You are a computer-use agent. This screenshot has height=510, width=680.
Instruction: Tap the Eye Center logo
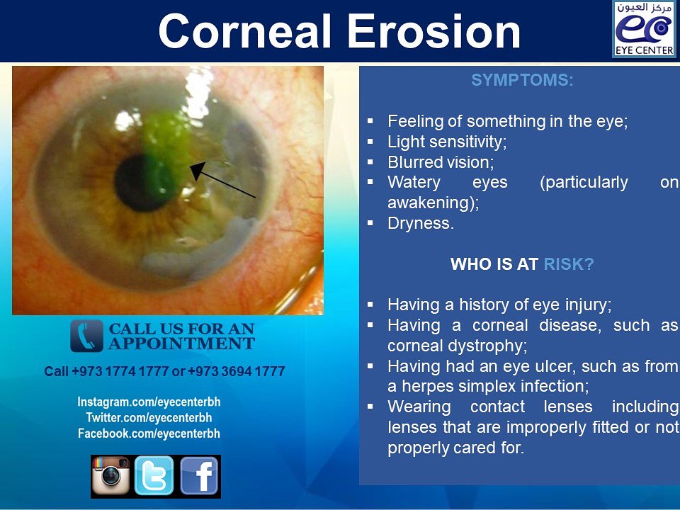point(643,29)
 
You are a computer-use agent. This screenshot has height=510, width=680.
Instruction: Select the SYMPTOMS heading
point(522,81)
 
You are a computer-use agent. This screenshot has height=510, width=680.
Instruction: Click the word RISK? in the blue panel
point(569,265)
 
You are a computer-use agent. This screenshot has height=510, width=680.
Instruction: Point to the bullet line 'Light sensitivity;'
point(447,142)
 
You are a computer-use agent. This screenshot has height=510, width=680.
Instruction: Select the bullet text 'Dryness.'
point(421,223)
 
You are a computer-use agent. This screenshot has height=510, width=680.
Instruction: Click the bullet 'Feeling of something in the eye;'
point(507,121)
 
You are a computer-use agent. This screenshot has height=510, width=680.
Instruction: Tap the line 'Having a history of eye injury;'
point(499,305)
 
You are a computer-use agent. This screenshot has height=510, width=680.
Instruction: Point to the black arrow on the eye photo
point(223,180)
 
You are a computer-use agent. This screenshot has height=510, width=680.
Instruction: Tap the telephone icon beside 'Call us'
point(86,336)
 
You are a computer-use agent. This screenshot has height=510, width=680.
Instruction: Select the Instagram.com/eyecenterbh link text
point(149,402)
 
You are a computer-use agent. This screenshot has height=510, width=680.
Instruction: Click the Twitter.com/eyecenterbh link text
point(149,418)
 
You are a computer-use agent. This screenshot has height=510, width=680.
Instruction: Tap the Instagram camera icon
point(111,476)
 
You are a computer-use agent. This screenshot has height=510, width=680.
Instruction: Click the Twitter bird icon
point(154,476)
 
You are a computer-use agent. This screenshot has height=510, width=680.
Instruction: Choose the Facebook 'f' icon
point(199,476)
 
